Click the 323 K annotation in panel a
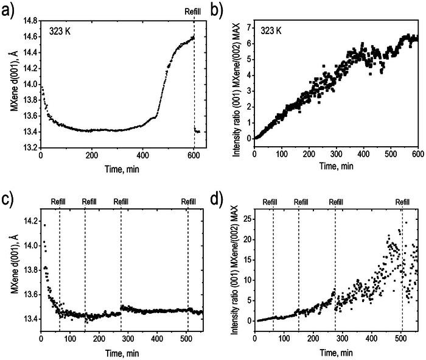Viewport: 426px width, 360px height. (61, 29)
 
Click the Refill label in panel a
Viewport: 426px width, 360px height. (194, 10)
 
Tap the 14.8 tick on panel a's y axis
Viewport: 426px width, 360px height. (27, 20)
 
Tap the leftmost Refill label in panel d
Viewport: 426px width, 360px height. (273, 202)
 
